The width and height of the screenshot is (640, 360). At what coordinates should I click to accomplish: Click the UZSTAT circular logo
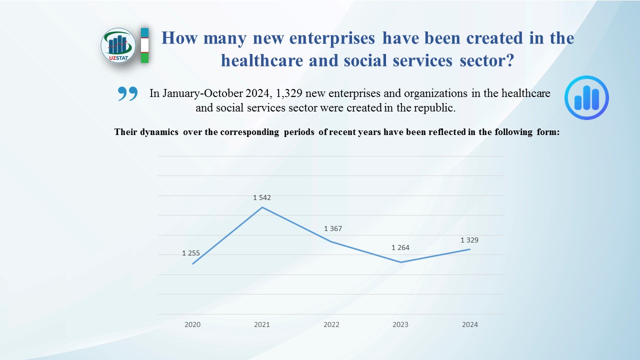pos(118,45)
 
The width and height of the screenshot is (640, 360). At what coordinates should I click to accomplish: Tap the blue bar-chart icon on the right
pos(586,97)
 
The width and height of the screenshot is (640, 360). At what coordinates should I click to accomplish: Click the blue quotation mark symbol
pos(127,93)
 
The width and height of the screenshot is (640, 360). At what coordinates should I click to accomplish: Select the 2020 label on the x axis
pos(192,324)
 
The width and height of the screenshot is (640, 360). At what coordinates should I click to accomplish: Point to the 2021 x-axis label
pos(261,324)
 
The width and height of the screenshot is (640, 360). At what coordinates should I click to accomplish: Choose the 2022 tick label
pos(331,324)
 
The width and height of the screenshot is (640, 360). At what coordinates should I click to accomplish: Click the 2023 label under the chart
pos(400,324)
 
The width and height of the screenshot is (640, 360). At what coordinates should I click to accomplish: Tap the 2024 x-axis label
pos(469,324)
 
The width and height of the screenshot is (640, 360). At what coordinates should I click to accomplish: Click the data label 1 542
pos(262,197)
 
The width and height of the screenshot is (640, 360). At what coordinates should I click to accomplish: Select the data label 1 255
pos(191,253)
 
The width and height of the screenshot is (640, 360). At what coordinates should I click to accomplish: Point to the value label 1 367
pos(333,228)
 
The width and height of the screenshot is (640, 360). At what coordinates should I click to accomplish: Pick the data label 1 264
pos(400,247)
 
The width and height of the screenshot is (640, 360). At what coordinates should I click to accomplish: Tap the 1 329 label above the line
pos(469,240)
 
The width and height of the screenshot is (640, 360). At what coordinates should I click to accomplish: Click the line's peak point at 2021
pos(262,207)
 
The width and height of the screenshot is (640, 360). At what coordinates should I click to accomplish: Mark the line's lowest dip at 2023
pos(400,262)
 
